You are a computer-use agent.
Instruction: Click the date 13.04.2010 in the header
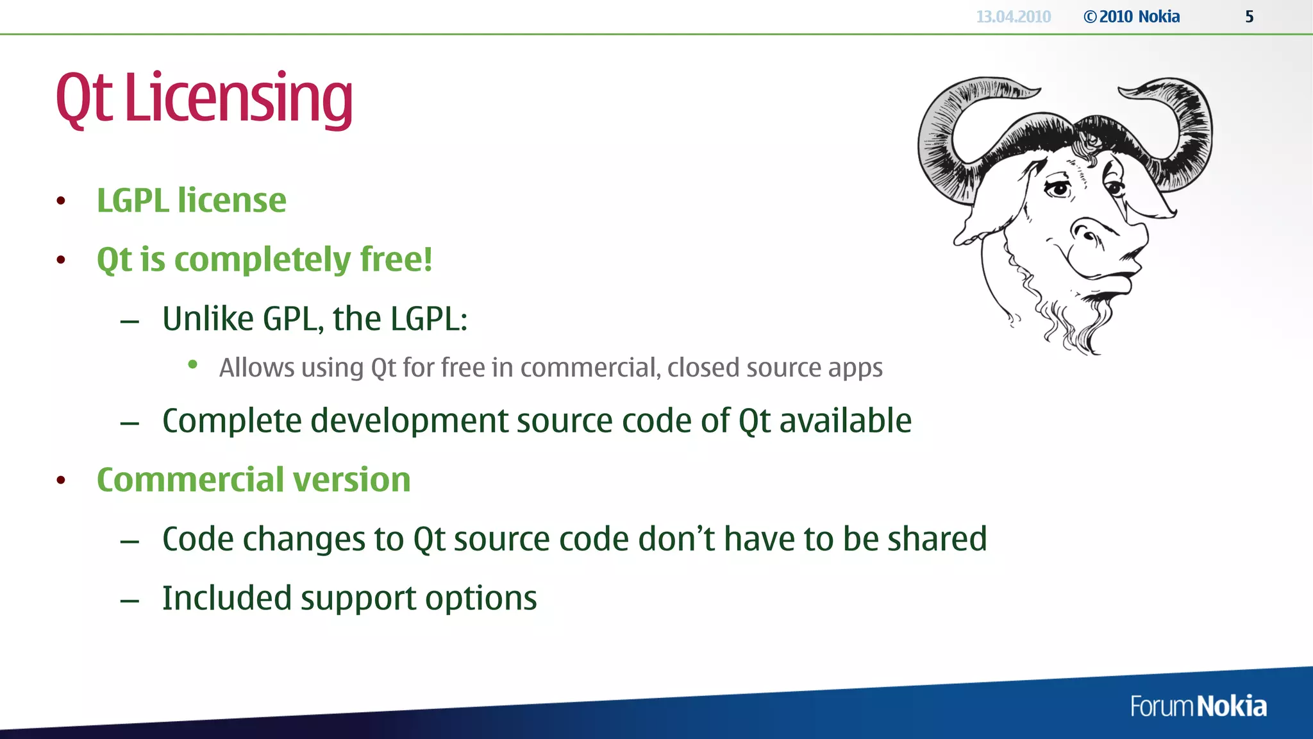1013,17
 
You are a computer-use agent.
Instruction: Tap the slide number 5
1249,17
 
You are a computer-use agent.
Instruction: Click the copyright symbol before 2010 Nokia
1090,17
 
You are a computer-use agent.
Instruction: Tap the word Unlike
208,318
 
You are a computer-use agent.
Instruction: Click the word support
358,599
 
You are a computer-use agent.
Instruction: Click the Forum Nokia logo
1198,706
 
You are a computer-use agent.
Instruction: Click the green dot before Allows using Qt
192,365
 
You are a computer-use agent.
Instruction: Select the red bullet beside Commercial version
61,480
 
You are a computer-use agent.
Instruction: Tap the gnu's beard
1077,321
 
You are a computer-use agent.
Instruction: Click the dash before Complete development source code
130,423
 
